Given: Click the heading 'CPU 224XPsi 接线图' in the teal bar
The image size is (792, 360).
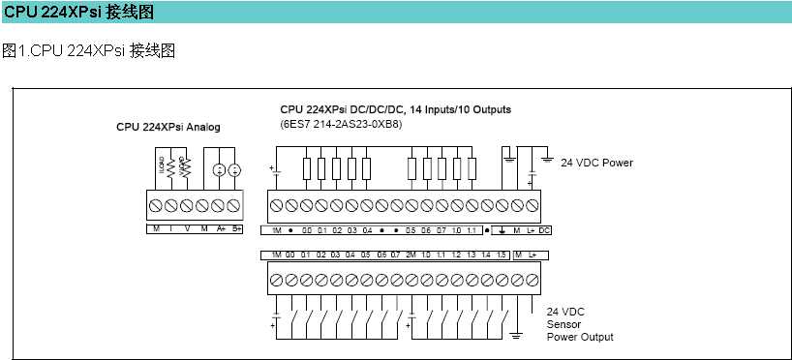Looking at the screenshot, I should click(x=78, y=12).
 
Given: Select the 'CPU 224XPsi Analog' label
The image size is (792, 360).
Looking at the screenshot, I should click(x=168, y=127).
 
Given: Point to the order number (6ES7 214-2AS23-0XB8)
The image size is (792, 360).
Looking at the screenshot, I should click(x=341, y=124).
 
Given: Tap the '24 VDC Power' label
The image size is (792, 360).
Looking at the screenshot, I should click(x=596, y=163).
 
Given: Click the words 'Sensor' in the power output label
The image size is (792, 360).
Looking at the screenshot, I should click(x=564, y=324).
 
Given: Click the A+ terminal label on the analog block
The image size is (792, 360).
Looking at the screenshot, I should click(x=220, y=228).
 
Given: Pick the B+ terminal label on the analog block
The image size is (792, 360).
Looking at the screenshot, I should click(x=236, y=228).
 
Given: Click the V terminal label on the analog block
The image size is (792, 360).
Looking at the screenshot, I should click(x=187, y=228).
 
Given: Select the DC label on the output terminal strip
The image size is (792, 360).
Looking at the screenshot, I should click(x=544, y=230).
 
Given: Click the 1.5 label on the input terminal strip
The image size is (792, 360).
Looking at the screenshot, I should click(x=502, y=254).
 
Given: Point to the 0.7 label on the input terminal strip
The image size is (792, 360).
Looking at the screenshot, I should click(x=395, y=254).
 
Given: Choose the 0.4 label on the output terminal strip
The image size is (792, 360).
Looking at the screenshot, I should click(x=367, y=230).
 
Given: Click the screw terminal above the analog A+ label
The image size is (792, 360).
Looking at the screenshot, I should click(x=220, y=206).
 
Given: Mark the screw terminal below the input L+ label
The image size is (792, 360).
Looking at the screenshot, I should click(x=533, y=279).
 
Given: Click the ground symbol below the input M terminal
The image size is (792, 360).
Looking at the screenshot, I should click(x=517, y=334).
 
